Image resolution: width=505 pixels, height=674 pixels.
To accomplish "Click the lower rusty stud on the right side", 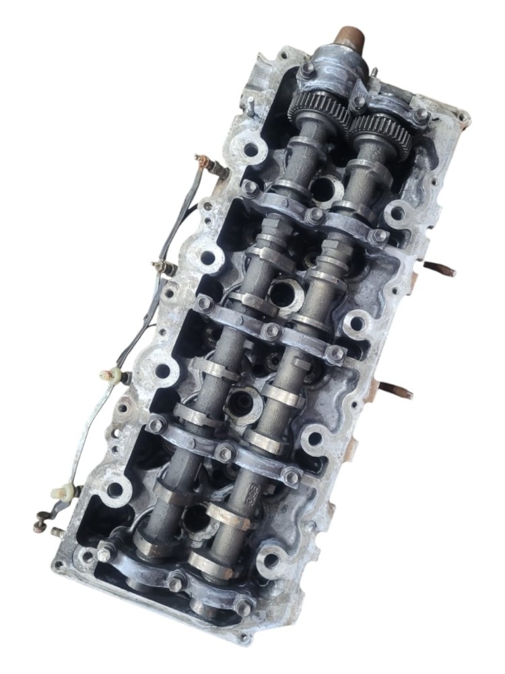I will click(x=395, y=389).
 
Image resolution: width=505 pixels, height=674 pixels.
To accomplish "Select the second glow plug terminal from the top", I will click(x=162, y=267).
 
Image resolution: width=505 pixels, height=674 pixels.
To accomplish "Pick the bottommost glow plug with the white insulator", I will click(x=65, y=491).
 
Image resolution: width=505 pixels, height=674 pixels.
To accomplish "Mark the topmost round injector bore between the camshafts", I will click(x=326, y=189).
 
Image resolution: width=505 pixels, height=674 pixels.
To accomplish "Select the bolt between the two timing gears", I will click(x=358, y=102).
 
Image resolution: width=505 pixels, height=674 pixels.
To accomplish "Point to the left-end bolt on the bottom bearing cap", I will click(x=105, y=553).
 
